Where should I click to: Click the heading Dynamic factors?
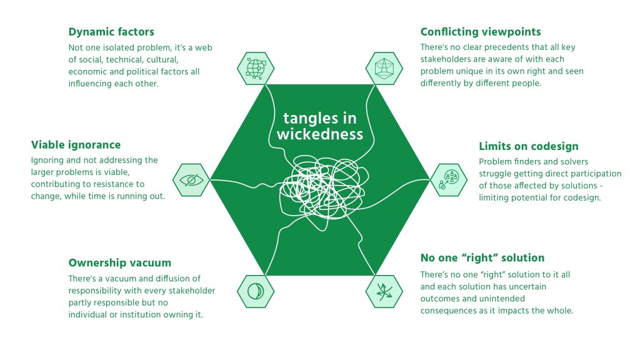[111, 32]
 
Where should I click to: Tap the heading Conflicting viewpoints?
[481, 32]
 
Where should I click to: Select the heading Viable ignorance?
[76, 145]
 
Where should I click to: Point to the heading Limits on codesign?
[529, 146]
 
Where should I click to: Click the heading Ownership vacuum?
[119, 262]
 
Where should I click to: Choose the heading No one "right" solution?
[482, 257]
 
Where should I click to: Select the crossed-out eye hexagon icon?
[191, 180]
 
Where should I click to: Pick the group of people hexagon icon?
[449, 180]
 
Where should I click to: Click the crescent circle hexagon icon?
[256, 291]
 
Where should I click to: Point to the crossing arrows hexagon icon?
[384, 291]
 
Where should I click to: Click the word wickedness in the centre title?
[319, 134]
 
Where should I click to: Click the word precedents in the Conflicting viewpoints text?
[491, 48]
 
